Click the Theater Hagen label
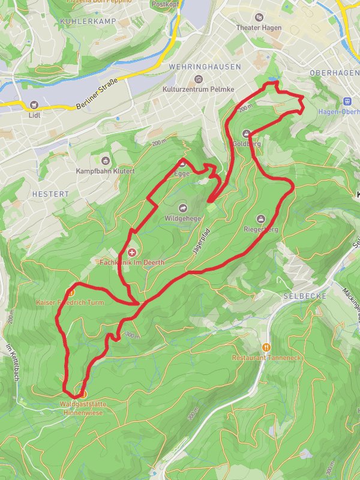click(x=259, y=28)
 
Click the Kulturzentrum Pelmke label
click(x=197, y=89)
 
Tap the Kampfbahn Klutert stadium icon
click(x=106, y=160)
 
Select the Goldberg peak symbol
click(x=246, y=133)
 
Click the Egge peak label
click(x=181, y=173)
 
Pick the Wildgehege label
click(x=182, y=219)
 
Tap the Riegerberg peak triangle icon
click(x=260, y=218)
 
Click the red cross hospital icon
click(x=131, y=252)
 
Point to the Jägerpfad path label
click(x=202, y=243)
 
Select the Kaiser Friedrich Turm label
click(x=70, y=303)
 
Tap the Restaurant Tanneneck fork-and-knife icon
click(x=266, y=347)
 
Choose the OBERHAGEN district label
click(x=333, y=73)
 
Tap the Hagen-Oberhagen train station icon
click(x=346, y=101)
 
